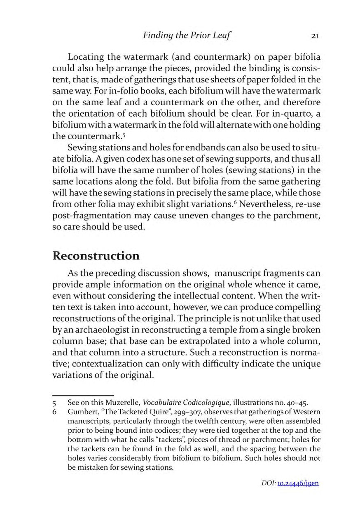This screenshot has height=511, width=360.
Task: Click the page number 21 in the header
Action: pyautogui.click(x=315, y=35)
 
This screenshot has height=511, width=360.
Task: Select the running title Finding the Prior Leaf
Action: pyautogui.click(x=187, y=35)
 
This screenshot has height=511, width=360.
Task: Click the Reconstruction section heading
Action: pyautogui.click(x=96, y=255)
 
